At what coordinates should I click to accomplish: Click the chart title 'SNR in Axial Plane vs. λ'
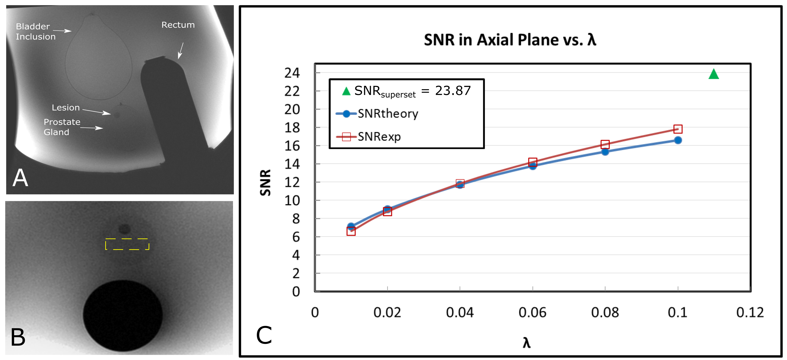510,40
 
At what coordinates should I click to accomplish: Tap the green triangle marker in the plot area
713,74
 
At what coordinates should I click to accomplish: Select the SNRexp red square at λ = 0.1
678,129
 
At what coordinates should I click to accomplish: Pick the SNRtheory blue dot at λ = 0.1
678,140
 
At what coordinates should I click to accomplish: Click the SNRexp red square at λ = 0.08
605,144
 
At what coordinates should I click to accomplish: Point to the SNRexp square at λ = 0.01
351,231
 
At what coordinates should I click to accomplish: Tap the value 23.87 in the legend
453,91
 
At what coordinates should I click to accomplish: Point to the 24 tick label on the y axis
292,73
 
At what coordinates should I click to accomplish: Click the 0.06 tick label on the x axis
532,312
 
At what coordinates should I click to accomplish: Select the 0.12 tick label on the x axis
750,312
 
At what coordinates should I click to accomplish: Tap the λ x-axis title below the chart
526,343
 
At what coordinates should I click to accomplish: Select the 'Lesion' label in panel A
66,107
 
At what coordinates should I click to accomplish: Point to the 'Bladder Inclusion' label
35,32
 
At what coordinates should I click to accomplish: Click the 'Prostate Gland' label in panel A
62,127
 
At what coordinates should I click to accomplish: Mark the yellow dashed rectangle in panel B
127,244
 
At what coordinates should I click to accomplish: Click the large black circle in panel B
123,315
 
